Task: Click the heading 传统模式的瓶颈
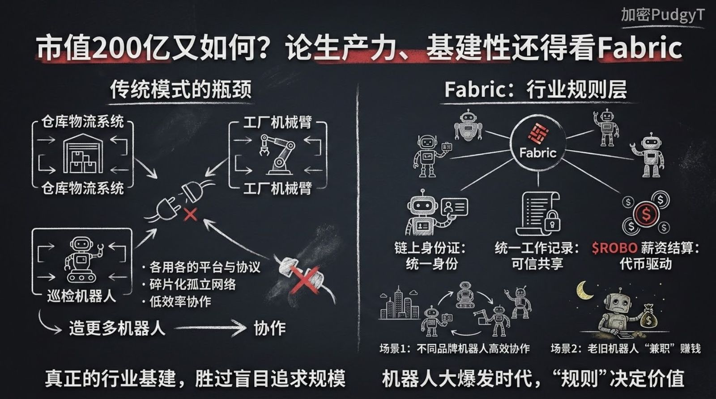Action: coord(181,89)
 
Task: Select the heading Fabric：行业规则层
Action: coord(535,89)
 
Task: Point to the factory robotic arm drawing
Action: coord(277,154)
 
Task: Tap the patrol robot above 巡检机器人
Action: coord(82,259)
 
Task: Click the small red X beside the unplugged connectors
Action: coord(191,214)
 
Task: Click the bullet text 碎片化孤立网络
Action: coord(192,284)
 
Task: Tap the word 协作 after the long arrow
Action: coord(269,328)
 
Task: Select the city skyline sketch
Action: coord(399,304)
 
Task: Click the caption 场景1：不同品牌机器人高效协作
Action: coord(455,349)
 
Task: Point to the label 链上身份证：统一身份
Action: coord(430,256)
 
